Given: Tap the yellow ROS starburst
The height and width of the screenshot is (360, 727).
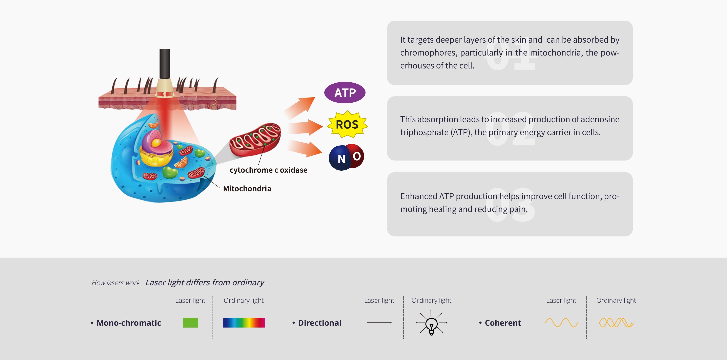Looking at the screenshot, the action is point(347,124).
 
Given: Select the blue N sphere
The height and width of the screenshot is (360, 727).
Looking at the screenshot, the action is point(340,158).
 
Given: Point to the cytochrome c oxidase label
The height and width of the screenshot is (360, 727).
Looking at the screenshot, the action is point(268,170).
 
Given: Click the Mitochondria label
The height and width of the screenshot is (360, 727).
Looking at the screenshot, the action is point(247,188).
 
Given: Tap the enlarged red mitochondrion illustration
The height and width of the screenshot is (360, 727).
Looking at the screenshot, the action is point(255,139).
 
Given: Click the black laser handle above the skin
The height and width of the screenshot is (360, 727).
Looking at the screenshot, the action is point(165,64).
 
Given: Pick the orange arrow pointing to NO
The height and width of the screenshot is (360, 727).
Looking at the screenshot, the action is point(305,148).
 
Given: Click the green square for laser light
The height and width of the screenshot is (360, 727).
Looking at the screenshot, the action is point(190,322).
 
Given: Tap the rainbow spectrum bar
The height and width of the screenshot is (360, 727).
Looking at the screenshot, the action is point(244,322).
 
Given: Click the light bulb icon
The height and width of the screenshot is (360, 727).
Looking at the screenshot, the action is point(431,323).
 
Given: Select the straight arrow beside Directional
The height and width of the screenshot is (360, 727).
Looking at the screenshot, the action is point(379,322).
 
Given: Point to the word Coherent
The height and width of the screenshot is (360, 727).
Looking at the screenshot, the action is point(503,323).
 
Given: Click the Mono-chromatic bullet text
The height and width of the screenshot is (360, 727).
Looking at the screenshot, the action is point(129,323).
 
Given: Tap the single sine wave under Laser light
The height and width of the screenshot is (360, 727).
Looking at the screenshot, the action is point(561,322).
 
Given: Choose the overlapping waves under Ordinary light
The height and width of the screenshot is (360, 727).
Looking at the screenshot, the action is point(616,322).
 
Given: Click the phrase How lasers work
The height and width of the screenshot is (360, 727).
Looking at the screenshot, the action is point(116,283).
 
